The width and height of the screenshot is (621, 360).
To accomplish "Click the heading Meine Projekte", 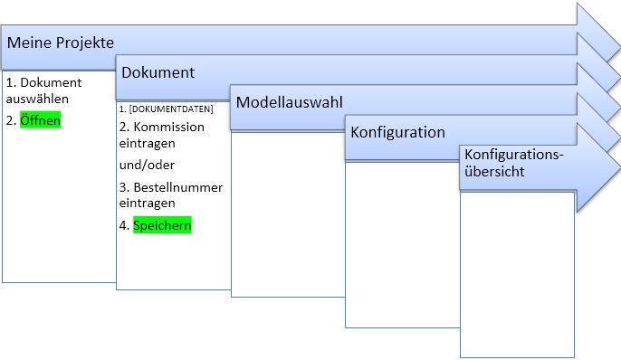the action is pos(61,43).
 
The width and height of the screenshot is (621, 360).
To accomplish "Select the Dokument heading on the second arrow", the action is pos(158,72).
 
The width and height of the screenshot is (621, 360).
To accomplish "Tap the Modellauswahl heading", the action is pos(289,102).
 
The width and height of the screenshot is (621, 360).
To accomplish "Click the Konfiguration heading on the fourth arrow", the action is pos(397,132).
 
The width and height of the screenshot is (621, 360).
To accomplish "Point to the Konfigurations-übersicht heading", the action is pos(513,163).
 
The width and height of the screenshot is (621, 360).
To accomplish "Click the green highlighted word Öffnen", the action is pos(41,120).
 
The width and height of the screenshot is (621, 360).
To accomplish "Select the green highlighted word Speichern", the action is pos(162,224).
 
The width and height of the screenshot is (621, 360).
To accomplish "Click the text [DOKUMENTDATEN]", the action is pos(171,109).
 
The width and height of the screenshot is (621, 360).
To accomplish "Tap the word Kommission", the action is pos(169,127).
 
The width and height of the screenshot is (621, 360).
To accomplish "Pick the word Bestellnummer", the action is pos(178,187).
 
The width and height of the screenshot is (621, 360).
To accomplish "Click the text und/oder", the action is pos(147,165).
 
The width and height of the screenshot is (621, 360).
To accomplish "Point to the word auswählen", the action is pos(37,99).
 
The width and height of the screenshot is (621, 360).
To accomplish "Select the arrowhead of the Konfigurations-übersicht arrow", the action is pos(598,167).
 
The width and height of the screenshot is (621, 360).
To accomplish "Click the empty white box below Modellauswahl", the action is pos(288,214).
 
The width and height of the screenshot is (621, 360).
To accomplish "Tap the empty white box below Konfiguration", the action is pos(402,244).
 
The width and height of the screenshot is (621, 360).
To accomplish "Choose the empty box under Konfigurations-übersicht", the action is pos(517,275).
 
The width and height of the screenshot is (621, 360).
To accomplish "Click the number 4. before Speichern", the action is pos(124,225).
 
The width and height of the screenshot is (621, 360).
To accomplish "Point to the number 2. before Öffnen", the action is pos(11,120).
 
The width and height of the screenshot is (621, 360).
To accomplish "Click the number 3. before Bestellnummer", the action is pos(124,187).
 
